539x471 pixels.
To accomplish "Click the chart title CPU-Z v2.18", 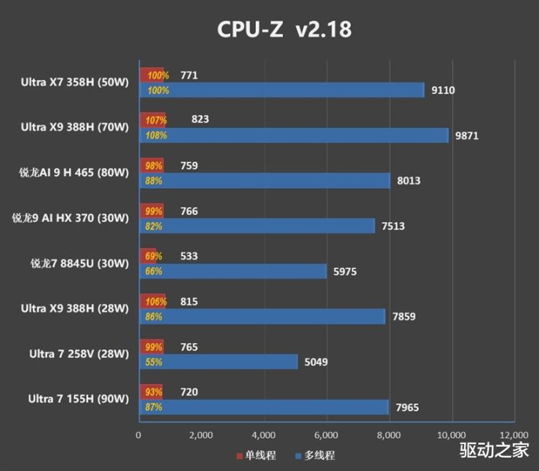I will [x=284, y=30].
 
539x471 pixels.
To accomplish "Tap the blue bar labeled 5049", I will [x=218, y=362].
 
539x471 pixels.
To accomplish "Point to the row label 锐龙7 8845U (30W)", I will [x=80, y=263].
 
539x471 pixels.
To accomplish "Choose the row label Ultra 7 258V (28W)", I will [x=79, y=353].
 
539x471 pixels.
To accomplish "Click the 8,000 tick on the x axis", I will [x=389, y=434].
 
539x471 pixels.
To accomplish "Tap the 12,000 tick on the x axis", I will [x=514, y=434].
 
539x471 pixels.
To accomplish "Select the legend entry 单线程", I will [x=250, y=455].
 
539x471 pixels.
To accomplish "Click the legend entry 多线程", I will [x=314, y=455].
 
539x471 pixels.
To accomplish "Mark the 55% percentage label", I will [x=153, y=362].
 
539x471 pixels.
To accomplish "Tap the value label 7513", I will [x=393, y=226].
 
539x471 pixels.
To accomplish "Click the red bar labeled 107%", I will [x=153, y=120].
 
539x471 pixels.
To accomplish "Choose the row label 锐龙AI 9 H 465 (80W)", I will [x=74, y=173].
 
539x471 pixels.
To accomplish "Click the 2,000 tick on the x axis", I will [x=201, y=434].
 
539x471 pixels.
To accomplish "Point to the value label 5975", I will [x=345, y=272].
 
